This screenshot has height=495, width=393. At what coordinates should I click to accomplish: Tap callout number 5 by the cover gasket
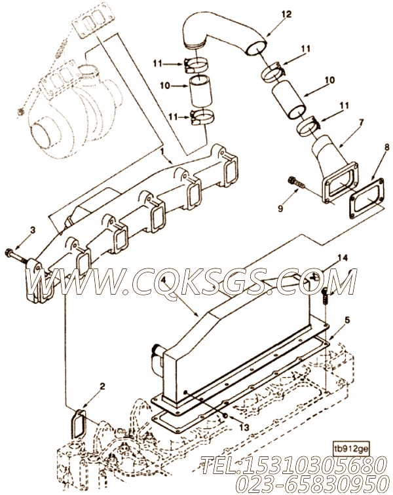coord(347,320)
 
